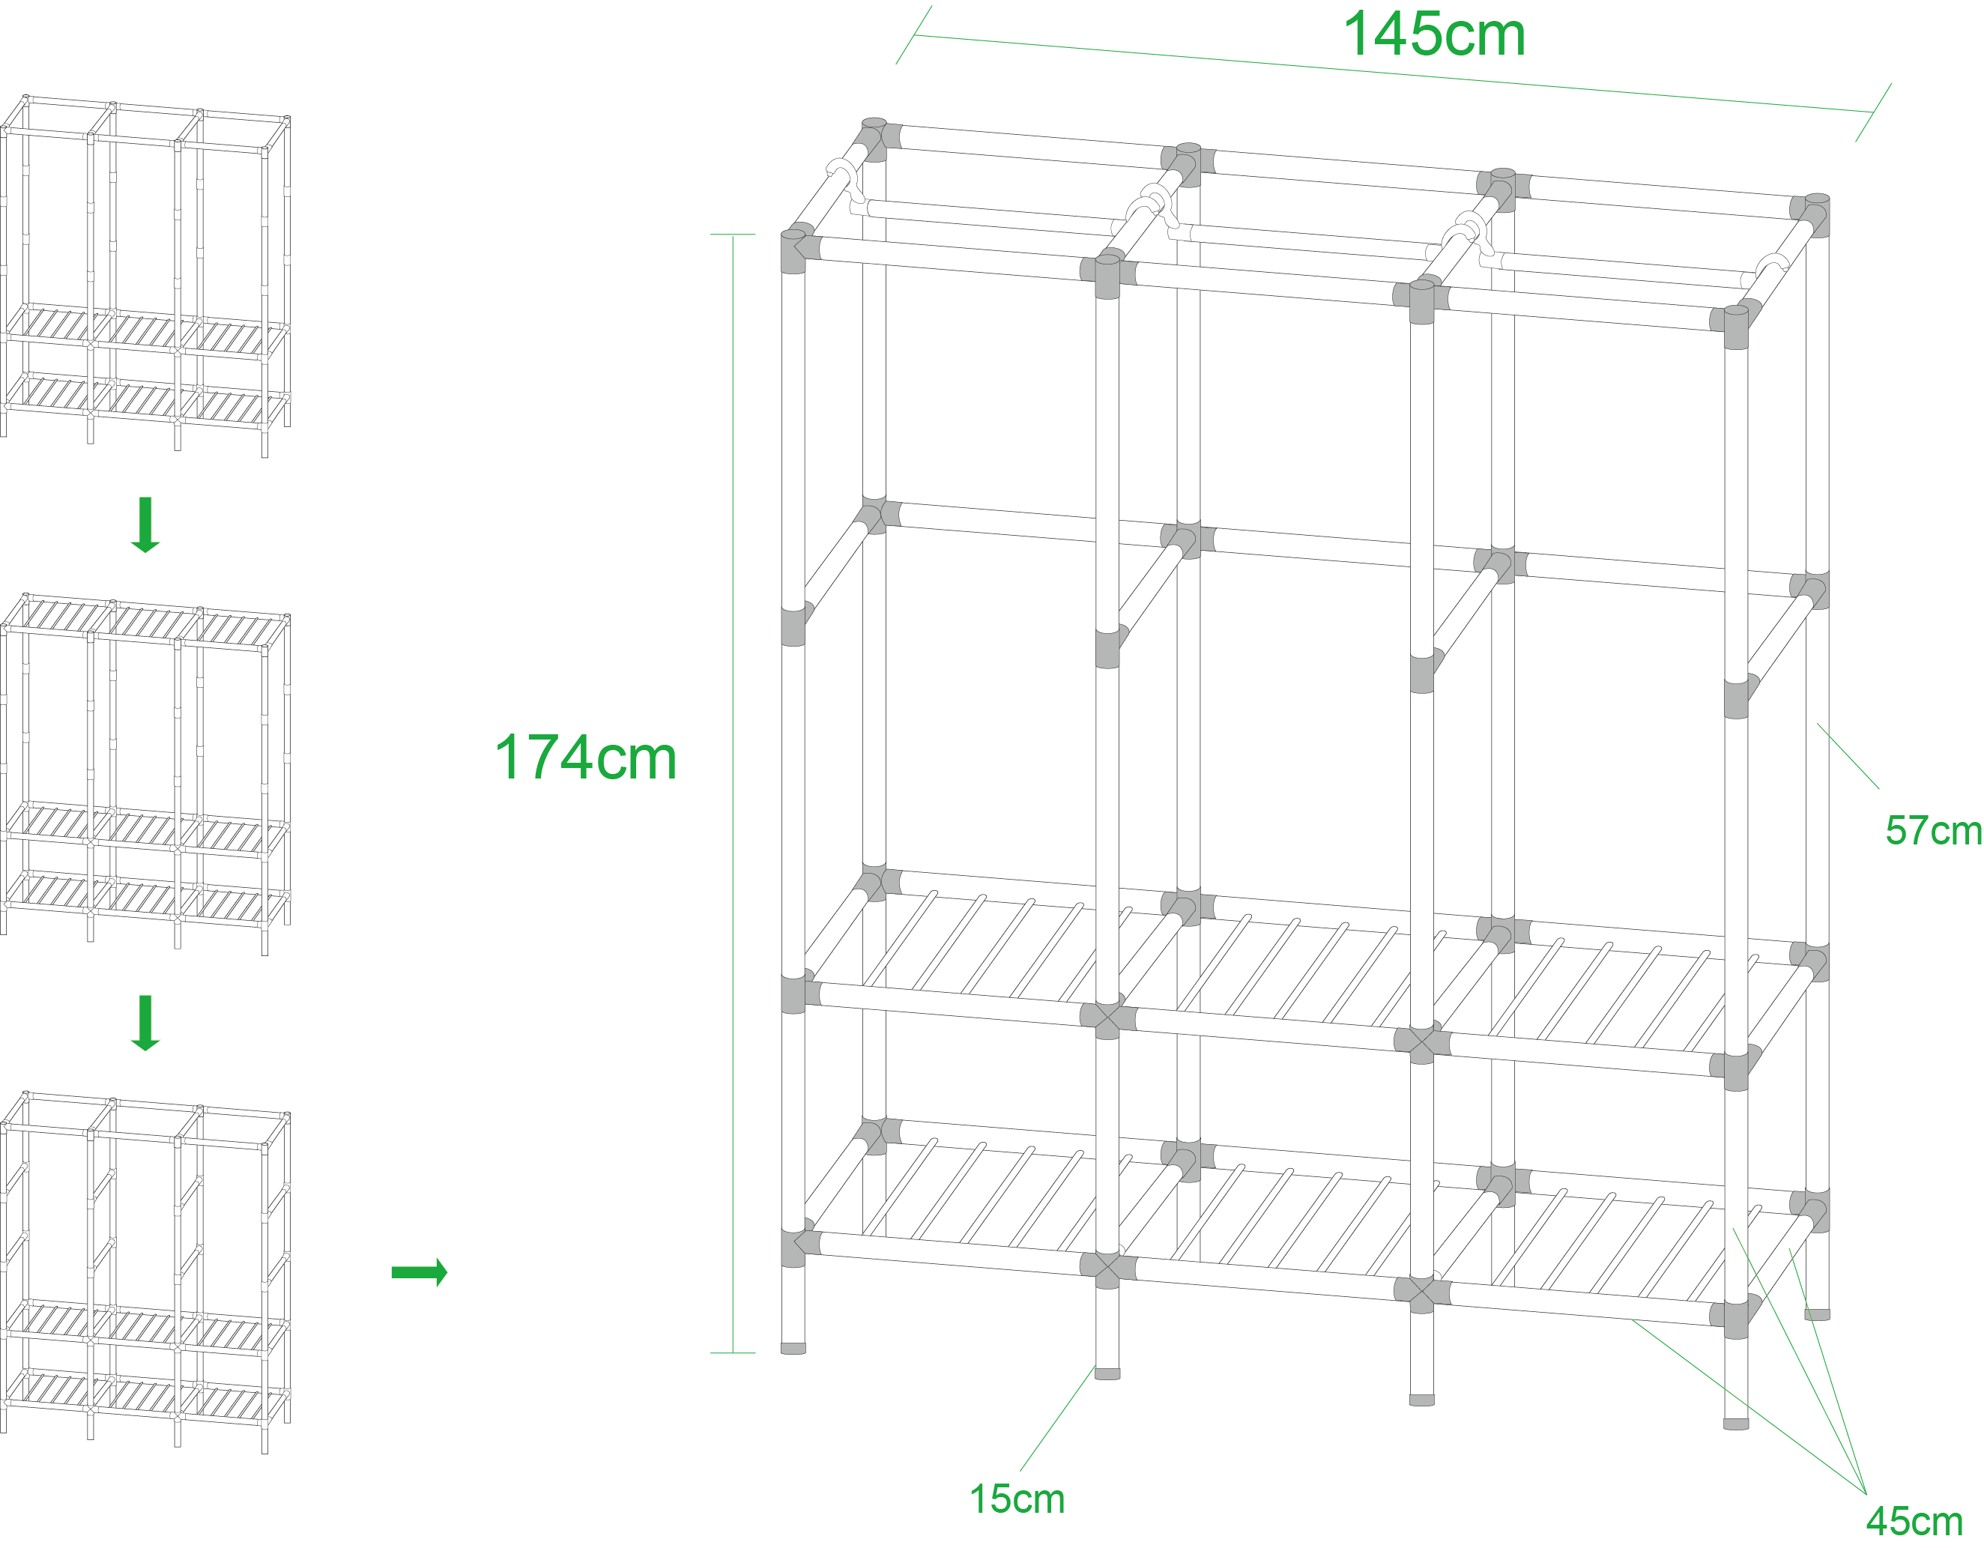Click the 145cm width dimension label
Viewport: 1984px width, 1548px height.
point(1433,34)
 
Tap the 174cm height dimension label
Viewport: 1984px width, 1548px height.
point(586,757)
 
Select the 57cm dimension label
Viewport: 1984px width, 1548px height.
point(1933,830)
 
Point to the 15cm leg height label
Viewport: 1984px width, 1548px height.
point(1017,1499)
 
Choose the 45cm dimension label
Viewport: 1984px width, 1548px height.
point(1914,1522)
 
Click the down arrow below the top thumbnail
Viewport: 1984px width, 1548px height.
point(145,525)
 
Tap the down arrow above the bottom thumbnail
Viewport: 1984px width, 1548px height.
point(145,1023)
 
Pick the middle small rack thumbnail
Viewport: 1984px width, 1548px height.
point(145,774)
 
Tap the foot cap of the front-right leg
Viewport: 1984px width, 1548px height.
point(1736,1424)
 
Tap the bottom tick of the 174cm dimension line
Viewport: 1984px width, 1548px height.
point(733,1352)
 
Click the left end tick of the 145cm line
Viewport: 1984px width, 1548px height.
point(914,34)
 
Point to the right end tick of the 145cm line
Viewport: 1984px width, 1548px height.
point(1873,112)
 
